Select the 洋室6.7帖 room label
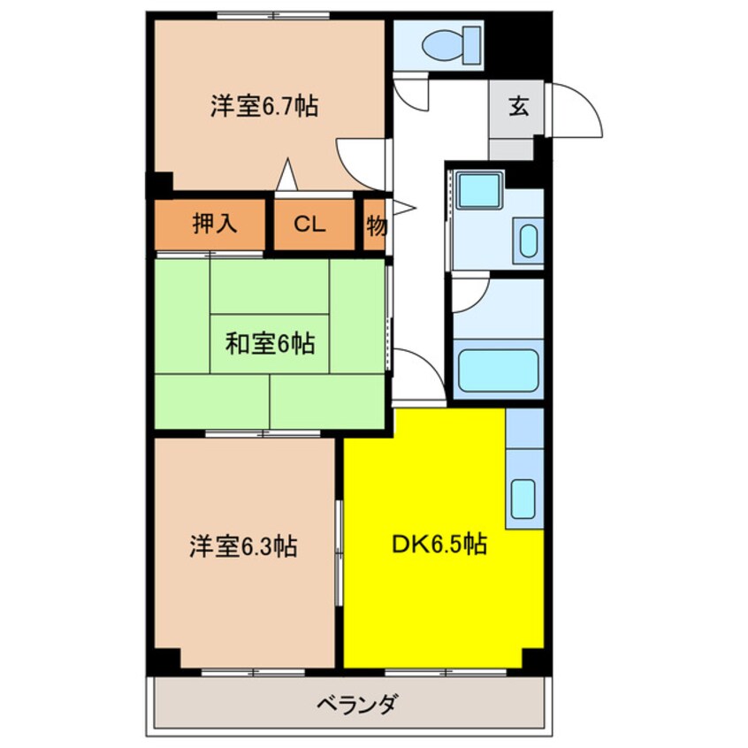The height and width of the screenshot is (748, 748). (264, 107)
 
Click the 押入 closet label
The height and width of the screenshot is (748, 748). (215, 225)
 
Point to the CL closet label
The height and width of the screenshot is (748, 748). (309, 225)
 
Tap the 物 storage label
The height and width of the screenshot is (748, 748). (376, 225)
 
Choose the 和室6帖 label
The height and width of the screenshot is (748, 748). (270, 343)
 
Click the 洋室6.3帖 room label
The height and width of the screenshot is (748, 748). (242, 546)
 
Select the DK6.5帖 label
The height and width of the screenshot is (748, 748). (439, 545)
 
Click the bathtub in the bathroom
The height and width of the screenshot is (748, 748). (499, 372)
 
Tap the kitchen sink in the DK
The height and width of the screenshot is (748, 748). (524, 499)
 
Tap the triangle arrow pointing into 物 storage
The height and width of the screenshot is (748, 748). (403, 209)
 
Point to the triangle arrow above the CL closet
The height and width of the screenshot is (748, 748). (286, 174)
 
